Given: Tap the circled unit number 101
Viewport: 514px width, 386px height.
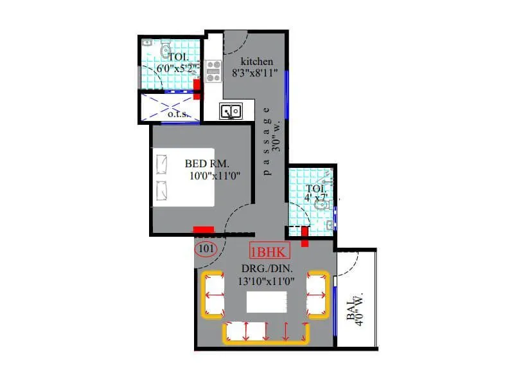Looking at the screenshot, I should pyautogui.click(x=206, y=248).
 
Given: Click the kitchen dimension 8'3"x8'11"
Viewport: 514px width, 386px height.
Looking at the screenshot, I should pyautogui.click(x=255, y=73).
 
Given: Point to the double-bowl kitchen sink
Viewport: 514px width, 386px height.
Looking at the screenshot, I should pyautogui.click(x=231, y=111).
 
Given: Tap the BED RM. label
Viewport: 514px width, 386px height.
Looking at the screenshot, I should pyautogui.click(x=207, y=163).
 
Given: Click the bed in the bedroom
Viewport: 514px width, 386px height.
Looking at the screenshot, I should pyautogui.click(x=182, y=177).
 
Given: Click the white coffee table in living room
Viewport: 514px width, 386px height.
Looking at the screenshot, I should pyautogui.click(x=266, y=301).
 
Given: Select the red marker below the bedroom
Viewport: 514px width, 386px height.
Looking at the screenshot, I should pyautogui.click(x=204, y=229).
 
